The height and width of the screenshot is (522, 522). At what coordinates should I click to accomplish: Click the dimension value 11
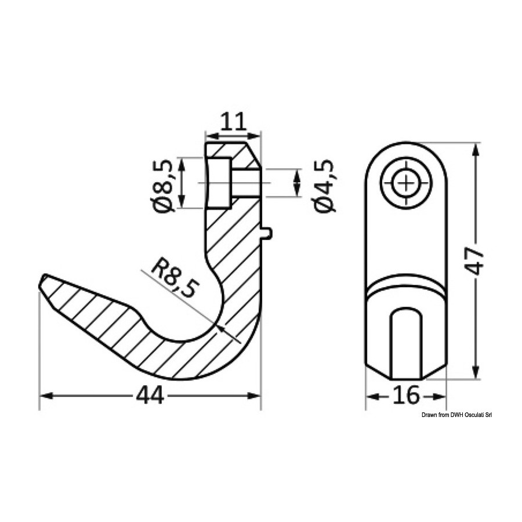[x=234, y=122]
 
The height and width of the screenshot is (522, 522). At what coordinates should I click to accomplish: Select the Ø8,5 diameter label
[x=163, y=186]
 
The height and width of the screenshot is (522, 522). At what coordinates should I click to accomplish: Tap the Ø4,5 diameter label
[x=324, y=186]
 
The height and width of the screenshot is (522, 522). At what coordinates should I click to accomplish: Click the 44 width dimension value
[x=150, y=395]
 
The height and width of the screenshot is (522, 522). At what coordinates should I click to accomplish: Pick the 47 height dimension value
[x=474, y=260]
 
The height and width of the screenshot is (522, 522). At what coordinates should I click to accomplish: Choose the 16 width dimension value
[x=406, y=395]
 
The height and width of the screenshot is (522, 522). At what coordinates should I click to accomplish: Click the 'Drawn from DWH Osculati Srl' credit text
[x=457, y=415]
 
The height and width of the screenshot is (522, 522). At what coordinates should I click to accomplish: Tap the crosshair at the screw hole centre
[x=406, y=183]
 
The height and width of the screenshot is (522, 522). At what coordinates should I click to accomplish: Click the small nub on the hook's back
[x=267, y=233]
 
